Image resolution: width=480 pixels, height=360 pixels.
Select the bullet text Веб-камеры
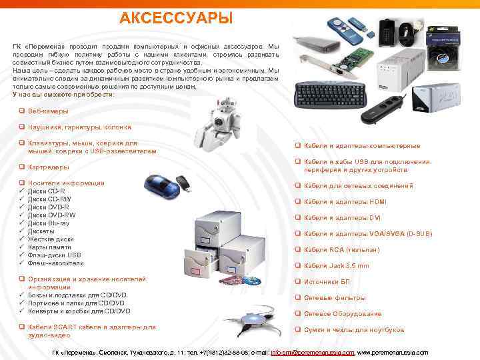(x=48, y=111)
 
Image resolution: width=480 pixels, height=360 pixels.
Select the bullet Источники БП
(x=326, y=282)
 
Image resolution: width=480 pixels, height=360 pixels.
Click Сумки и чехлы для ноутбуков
(x=354, y=330)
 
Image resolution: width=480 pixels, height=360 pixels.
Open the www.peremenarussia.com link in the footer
(x=393, y=352)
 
